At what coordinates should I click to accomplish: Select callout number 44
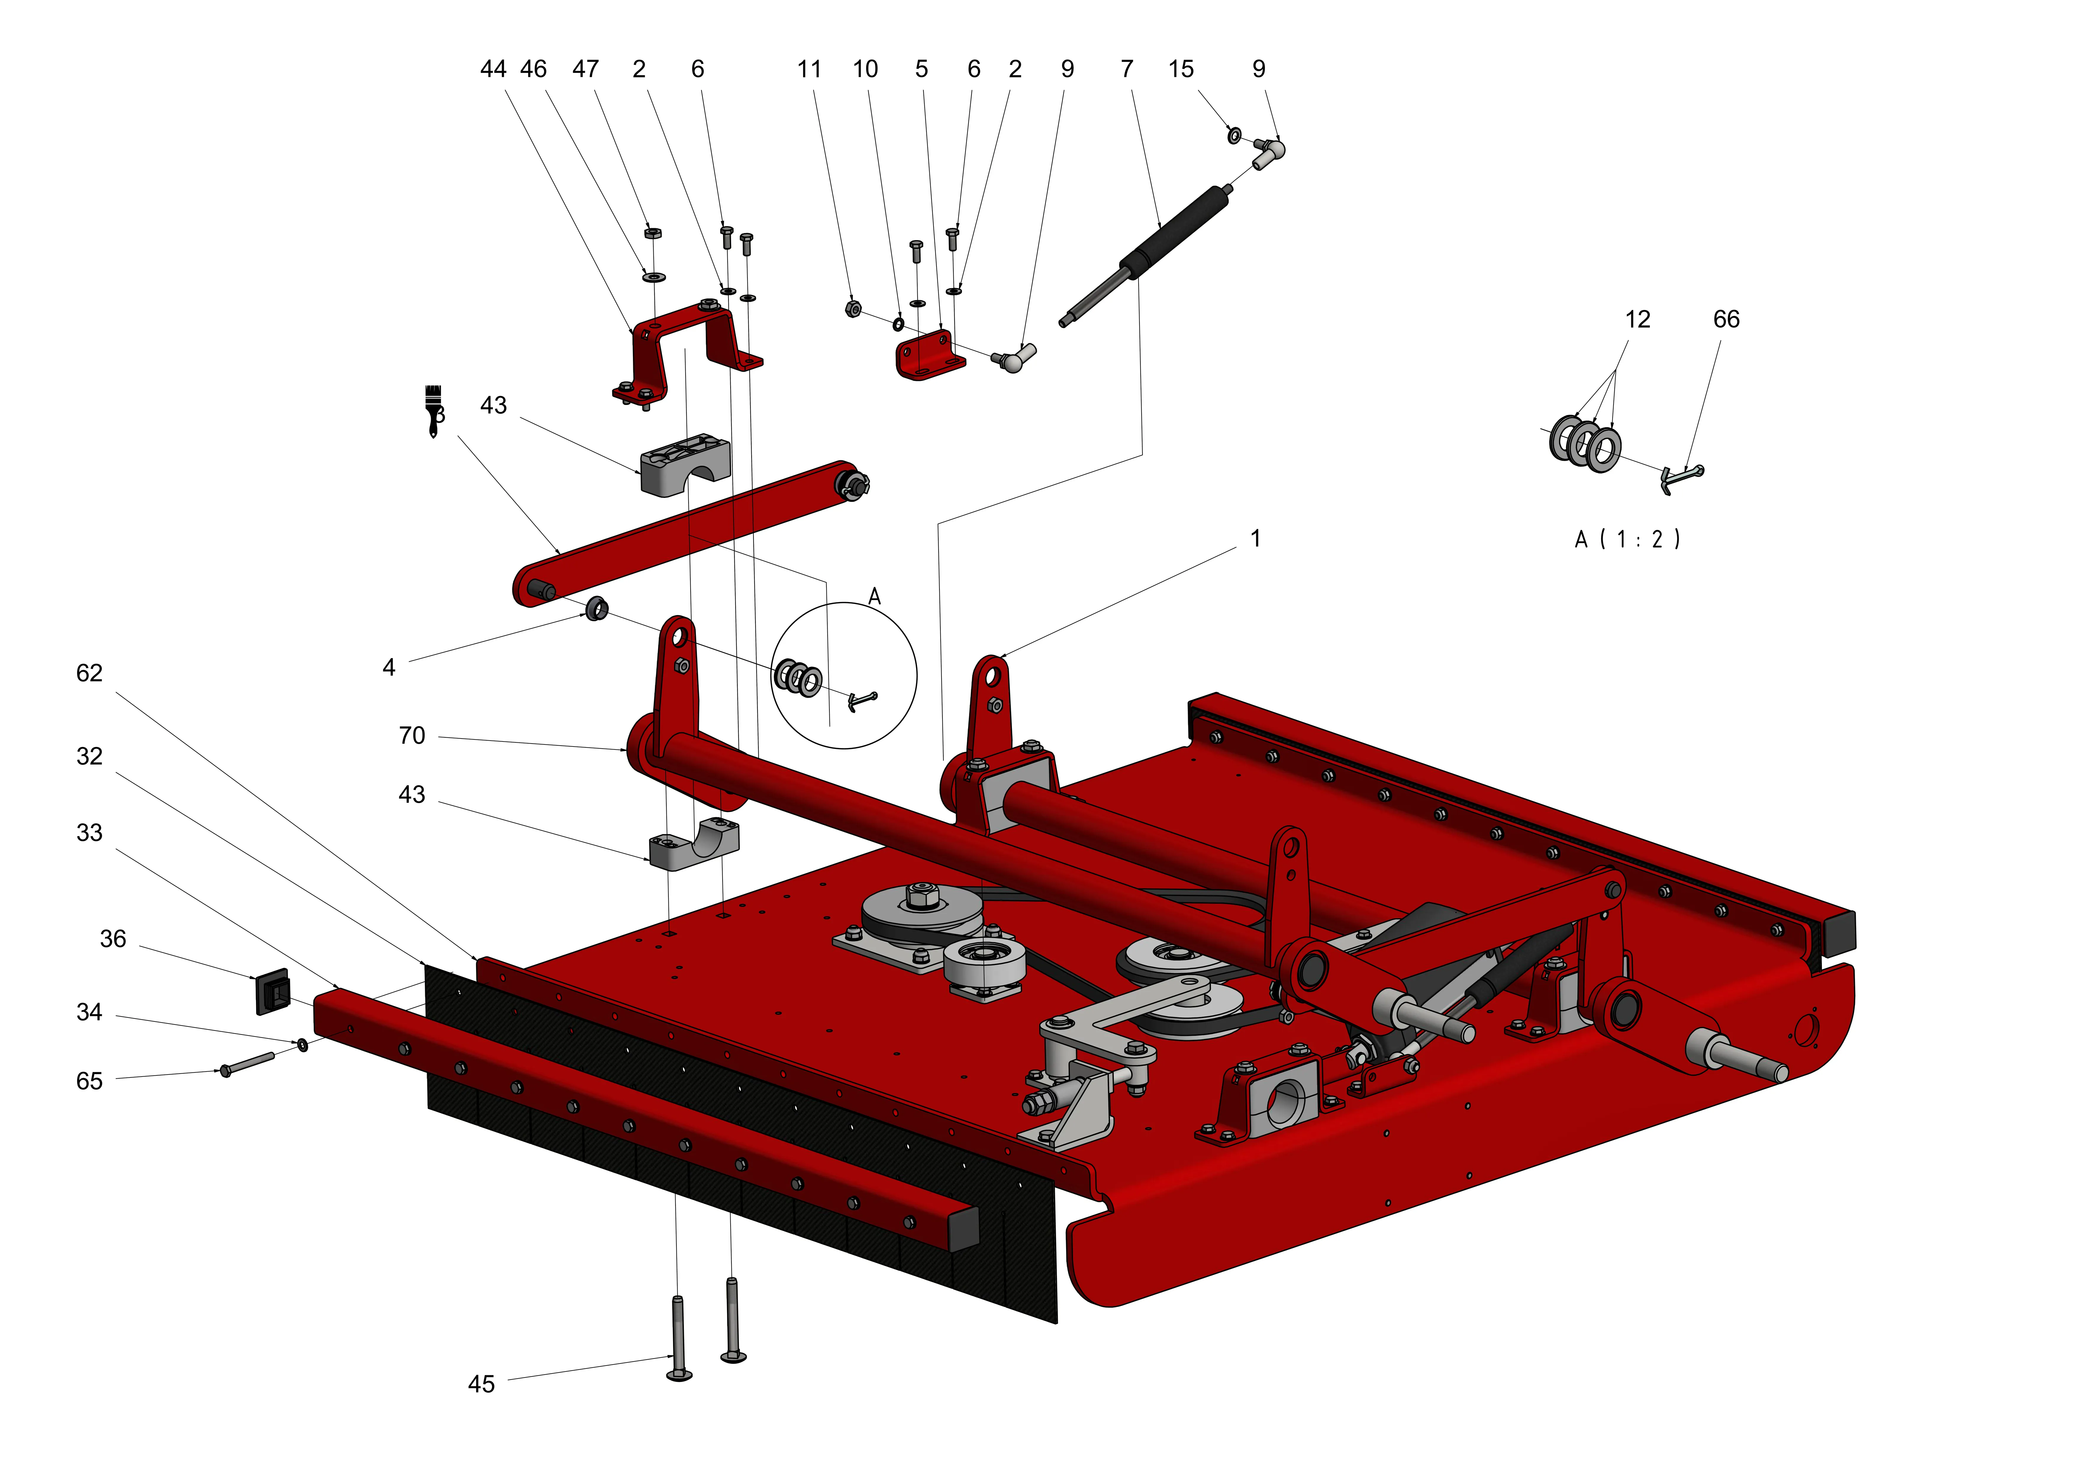point(493,70)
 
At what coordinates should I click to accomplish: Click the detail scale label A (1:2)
point(1627,540)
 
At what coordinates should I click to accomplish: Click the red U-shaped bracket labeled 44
point(687,348)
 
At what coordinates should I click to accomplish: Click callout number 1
point(1255,539)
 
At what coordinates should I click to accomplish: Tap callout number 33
point(90,833)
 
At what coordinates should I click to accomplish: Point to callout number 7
point(1126,70)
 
